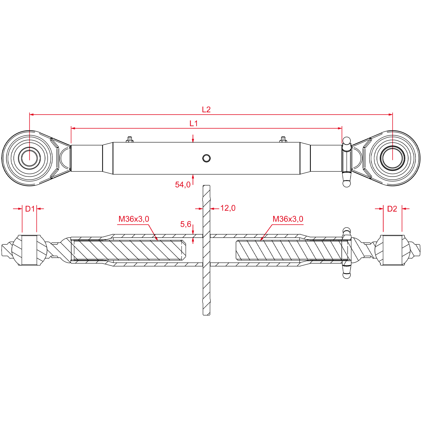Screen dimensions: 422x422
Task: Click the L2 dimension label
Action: (206, 109)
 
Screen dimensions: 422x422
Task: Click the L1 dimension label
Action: (194, 123)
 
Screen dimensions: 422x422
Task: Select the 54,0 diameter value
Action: (183, 185)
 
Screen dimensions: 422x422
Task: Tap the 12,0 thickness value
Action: (228, 208)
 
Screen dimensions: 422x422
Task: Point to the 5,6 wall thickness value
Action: (186, 224)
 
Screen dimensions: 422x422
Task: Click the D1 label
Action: (30, 209)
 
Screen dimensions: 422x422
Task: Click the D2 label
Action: (392, 209)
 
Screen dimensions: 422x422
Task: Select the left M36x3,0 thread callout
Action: (134, 219)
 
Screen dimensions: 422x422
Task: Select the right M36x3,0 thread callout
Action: (288, 219)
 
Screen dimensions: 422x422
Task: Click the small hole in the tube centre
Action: (206, 158)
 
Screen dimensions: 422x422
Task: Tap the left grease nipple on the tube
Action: (129, 139)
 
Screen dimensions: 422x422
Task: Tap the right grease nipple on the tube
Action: (283, 139)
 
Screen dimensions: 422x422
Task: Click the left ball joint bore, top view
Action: (29, 158)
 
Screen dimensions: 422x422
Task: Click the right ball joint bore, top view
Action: (393, 158)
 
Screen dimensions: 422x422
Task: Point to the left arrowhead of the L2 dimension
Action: (30, 114)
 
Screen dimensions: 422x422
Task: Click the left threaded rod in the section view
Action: (130, 250)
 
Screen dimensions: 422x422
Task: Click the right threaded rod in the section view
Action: (291, 250)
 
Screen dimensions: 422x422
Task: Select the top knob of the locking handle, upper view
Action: (346, 141)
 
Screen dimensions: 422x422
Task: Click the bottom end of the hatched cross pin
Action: (206, 315)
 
